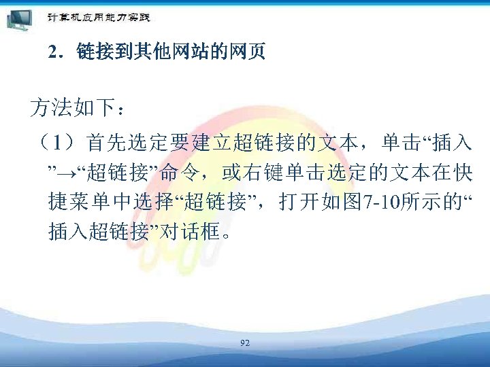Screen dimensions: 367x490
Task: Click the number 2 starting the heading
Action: click(x=53, y=52)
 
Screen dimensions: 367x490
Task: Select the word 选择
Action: click(x=147, y=203)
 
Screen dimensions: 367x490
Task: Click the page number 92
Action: click(x=245, y=344)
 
